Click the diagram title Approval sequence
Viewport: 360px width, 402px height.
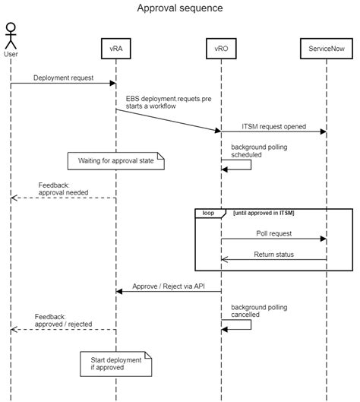point(180,8)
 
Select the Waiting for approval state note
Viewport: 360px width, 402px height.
point(115,161)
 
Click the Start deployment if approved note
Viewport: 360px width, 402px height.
point(115,363)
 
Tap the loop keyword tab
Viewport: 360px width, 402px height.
point(208,214)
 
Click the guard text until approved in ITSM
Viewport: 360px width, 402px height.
point(264,214)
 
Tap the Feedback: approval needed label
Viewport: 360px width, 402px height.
point(64,189)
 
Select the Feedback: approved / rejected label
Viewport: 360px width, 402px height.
point(64,320)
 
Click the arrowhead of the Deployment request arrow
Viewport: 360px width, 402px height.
point(112,84)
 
